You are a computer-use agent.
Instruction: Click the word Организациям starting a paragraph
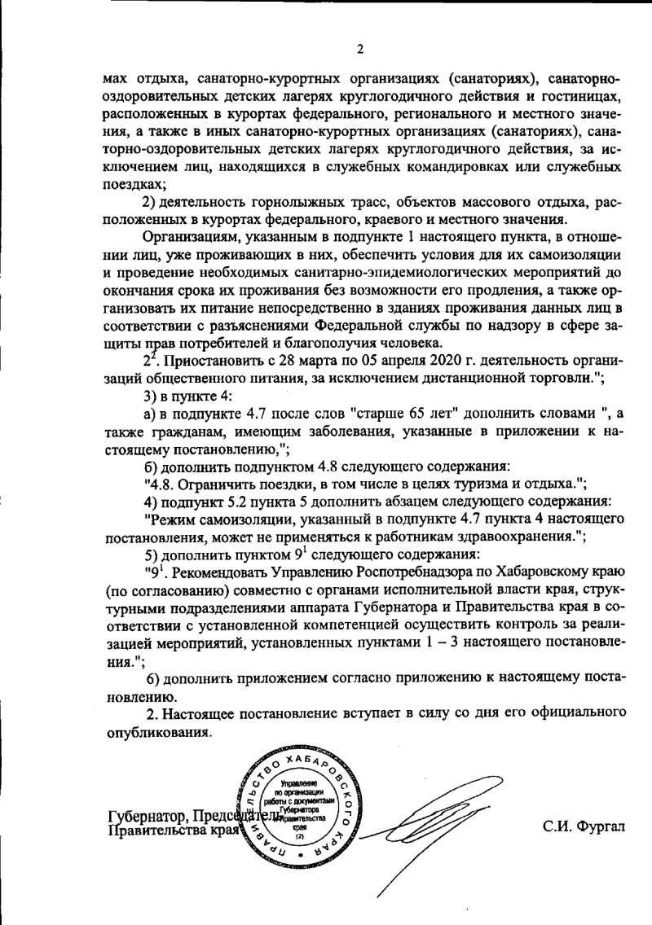pos(190,237)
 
